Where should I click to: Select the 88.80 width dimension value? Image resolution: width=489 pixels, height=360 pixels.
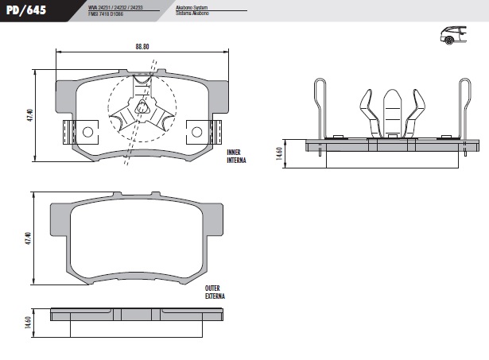142,45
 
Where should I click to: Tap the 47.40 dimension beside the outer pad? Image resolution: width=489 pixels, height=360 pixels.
29,238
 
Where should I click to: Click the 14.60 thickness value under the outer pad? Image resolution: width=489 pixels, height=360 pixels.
29,323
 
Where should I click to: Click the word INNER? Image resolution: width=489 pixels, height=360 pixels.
233,152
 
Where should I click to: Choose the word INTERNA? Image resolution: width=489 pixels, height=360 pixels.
235,160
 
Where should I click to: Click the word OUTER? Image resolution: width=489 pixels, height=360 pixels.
212,288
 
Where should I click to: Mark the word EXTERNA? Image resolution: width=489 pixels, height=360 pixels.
214,296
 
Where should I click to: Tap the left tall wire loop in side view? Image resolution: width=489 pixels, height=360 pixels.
321,107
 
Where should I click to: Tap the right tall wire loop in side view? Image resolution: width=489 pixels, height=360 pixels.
464,107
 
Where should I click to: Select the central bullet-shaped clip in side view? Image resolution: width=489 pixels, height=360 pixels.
391,111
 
